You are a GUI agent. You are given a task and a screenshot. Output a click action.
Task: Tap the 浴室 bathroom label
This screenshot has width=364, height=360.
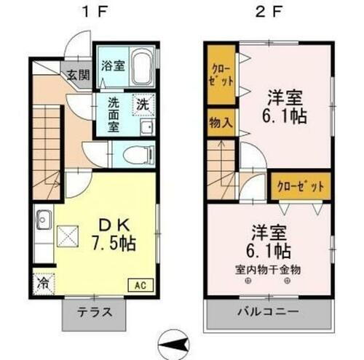[x=111, y=65]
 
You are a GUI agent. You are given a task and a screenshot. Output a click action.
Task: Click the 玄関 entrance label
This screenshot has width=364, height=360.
[x=77, y=73]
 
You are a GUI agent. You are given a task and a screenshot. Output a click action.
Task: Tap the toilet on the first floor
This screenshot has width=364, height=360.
[x=135, y=153]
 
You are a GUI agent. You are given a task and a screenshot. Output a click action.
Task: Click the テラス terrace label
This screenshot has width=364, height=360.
[x=94, y=313]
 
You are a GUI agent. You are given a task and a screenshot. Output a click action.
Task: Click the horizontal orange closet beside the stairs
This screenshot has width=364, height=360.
[x=298, y=185]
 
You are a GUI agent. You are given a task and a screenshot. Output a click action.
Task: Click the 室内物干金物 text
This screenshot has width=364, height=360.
[x=267, y=269]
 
